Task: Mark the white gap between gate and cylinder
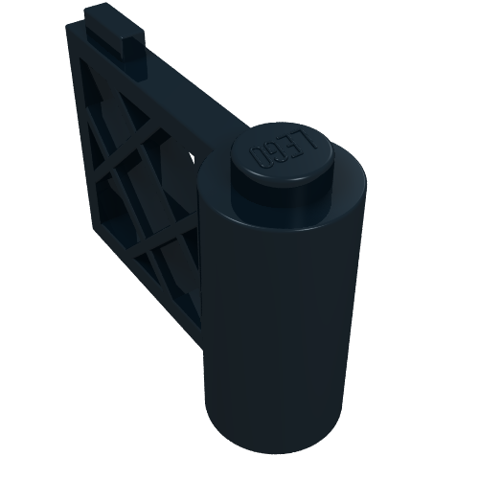click(194, 156)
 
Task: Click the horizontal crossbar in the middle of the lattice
click(144, 192)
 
